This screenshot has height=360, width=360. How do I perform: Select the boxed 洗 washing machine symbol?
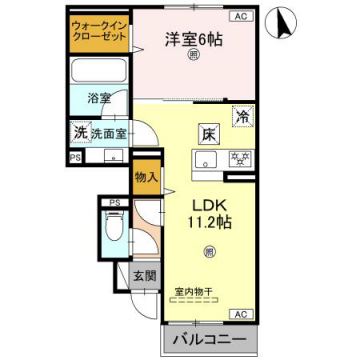coord(79,131)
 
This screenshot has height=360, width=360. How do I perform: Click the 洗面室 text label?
coord(108,131)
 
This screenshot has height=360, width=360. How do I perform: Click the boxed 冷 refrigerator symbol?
coord(242,116)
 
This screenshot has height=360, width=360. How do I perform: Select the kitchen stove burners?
coord(240,158)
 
